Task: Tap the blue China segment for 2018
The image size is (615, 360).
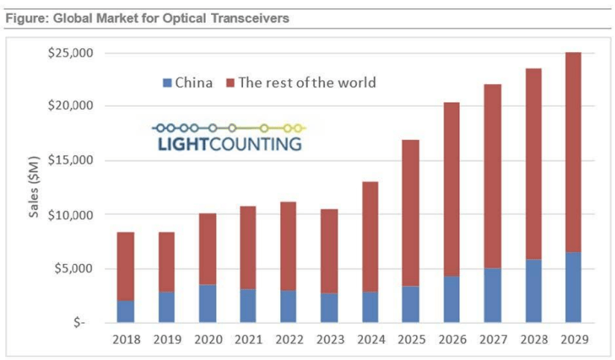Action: (x=126, y=312)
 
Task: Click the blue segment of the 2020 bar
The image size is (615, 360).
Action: (x=208, y=303)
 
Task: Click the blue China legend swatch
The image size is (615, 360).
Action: (x=168, y=83)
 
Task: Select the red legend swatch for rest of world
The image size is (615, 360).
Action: (x=230, y=83)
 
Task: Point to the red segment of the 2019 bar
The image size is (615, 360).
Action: (x=166, y=262)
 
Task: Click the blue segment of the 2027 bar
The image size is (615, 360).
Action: (x=489, y=295)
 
